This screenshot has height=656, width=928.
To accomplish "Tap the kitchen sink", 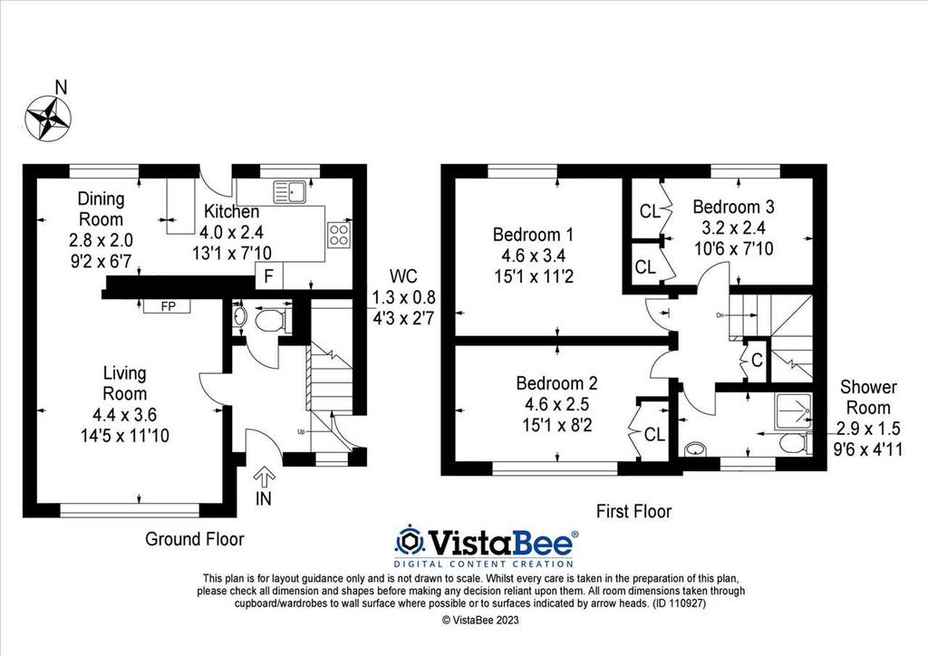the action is (289, 192).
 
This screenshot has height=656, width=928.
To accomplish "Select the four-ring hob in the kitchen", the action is (339, 233).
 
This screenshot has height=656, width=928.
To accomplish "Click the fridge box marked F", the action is (268, 276).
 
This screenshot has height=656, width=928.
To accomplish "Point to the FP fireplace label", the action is (168, 306).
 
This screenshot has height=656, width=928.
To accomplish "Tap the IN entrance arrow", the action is (264, 478).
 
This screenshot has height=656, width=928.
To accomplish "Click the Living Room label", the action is (124, 383).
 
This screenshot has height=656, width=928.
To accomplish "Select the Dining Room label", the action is (101, 208).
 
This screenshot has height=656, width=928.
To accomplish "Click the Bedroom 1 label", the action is (533, 235).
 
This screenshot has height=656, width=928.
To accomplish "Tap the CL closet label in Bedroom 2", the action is (654, 435).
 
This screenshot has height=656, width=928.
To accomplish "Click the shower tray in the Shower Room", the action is (792, 410).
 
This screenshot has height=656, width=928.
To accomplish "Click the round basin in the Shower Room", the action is (695, 449).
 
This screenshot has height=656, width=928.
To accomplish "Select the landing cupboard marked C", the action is (757, 359).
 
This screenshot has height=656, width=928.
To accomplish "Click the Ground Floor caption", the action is (195, 539).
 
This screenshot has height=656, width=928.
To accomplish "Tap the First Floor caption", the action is (633, 511).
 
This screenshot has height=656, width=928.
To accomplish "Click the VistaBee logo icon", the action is (409, 540).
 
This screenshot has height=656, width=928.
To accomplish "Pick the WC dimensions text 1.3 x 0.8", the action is (403, 297).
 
